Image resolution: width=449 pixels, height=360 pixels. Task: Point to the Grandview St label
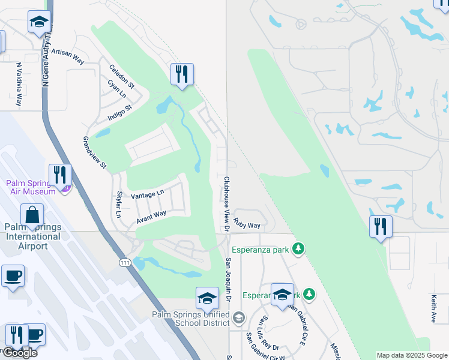94,152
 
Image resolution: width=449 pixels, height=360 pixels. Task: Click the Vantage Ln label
147,194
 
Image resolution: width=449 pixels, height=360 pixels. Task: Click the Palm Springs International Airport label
32,236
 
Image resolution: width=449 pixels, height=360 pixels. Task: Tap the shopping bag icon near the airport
32,215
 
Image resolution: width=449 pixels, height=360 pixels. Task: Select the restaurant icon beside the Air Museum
60,175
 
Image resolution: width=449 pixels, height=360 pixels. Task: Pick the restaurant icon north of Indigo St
181,74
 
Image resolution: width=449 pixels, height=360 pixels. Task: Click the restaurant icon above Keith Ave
381,226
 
